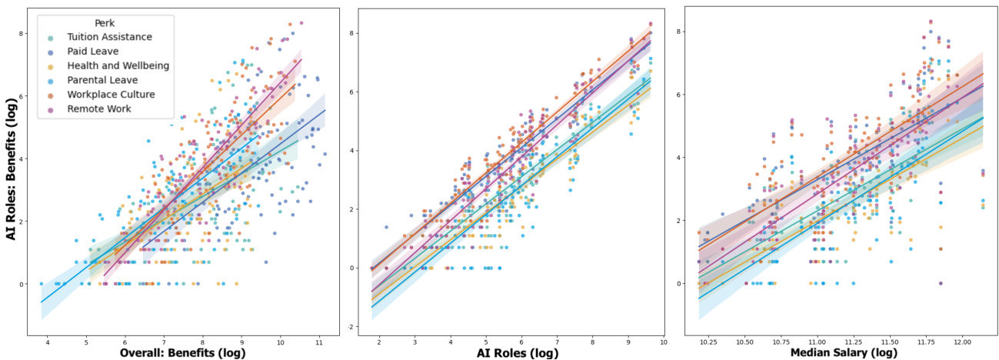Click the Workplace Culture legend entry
[x=111, y=95]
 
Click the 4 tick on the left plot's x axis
[x=48, y=341]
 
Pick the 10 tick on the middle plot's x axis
[x=662, y=341]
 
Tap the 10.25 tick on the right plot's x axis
[x=708, y=341]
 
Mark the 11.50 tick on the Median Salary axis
[x=890, y=341]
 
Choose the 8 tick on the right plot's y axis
[x=680, y=32]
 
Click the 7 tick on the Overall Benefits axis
[x=164, y=341]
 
